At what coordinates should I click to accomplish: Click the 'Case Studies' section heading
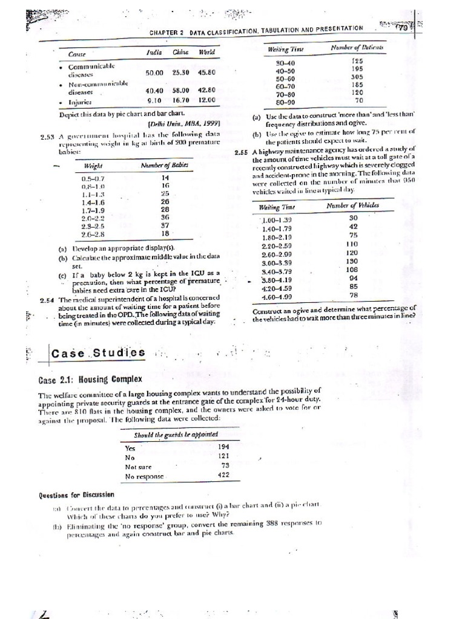click(x=97, y=352)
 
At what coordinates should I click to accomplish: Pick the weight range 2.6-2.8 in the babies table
click(x=93, y=233)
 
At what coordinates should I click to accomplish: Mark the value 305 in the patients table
click(x=357, y=78)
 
